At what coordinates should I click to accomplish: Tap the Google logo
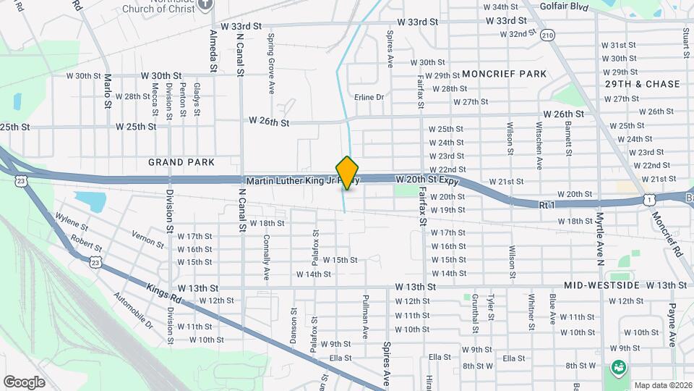(24, 382)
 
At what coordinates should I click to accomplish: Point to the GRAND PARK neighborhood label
(173, 161)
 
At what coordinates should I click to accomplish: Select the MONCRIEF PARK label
(505, 74)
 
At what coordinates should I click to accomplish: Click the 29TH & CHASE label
(643, 84)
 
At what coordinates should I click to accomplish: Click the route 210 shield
(548, 35)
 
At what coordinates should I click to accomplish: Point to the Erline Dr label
(369, 97)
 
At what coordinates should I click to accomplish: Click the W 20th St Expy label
(427, 178)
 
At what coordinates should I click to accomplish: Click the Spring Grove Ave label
(271, 64)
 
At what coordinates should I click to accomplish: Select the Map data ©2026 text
(663, 385)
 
